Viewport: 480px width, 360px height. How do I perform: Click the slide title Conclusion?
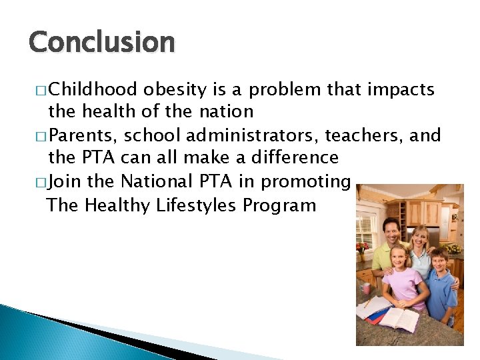click(x=101, y=42)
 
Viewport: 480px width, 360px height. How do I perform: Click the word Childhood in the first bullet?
click(x=93, y=89)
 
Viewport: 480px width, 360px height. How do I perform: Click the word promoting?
click(x=306, y=181)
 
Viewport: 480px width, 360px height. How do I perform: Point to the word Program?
click(x=279, y=205)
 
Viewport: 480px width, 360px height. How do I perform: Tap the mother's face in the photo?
click(x=420, y=239)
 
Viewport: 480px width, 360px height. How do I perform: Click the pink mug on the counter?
click(x=366, y=289)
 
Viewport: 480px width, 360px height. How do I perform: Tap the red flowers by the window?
click(x=361, y=248)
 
